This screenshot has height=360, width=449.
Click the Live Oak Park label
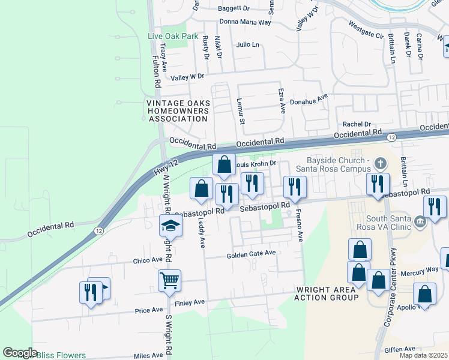(x=173, y=36)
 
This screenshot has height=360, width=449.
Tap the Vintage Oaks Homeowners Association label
(x=178, y=111)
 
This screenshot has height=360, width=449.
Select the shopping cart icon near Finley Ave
(x=170, y=280)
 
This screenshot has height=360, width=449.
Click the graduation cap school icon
(x=170, y=227)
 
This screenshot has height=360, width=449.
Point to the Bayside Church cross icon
(x=380, y=163)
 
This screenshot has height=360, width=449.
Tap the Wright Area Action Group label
(x=327, y=293)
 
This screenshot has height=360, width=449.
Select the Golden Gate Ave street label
(x=251, y=254)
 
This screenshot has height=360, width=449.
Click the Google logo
(x=20, y=353)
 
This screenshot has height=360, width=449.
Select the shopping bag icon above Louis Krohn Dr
(x=224, y=164)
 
